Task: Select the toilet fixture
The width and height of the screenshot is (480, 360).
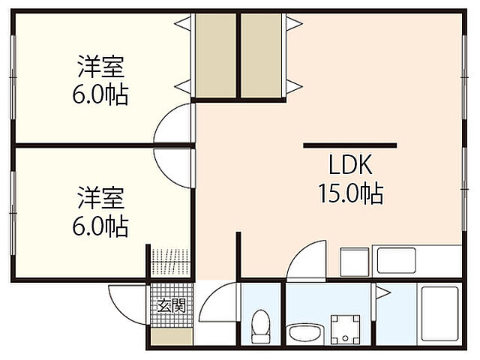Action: pos(260,326)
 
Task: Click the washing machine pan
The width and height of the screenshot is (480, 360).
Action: pos(346,327)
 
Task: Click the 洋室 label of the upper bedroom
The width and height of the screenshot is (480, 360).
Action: pos(101,67)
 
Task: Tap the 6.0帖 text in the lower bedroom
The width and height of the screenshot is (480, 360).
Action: pos(101,225)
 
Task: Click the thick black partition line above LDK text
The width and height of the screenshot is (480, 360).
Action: pos(350,144)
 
